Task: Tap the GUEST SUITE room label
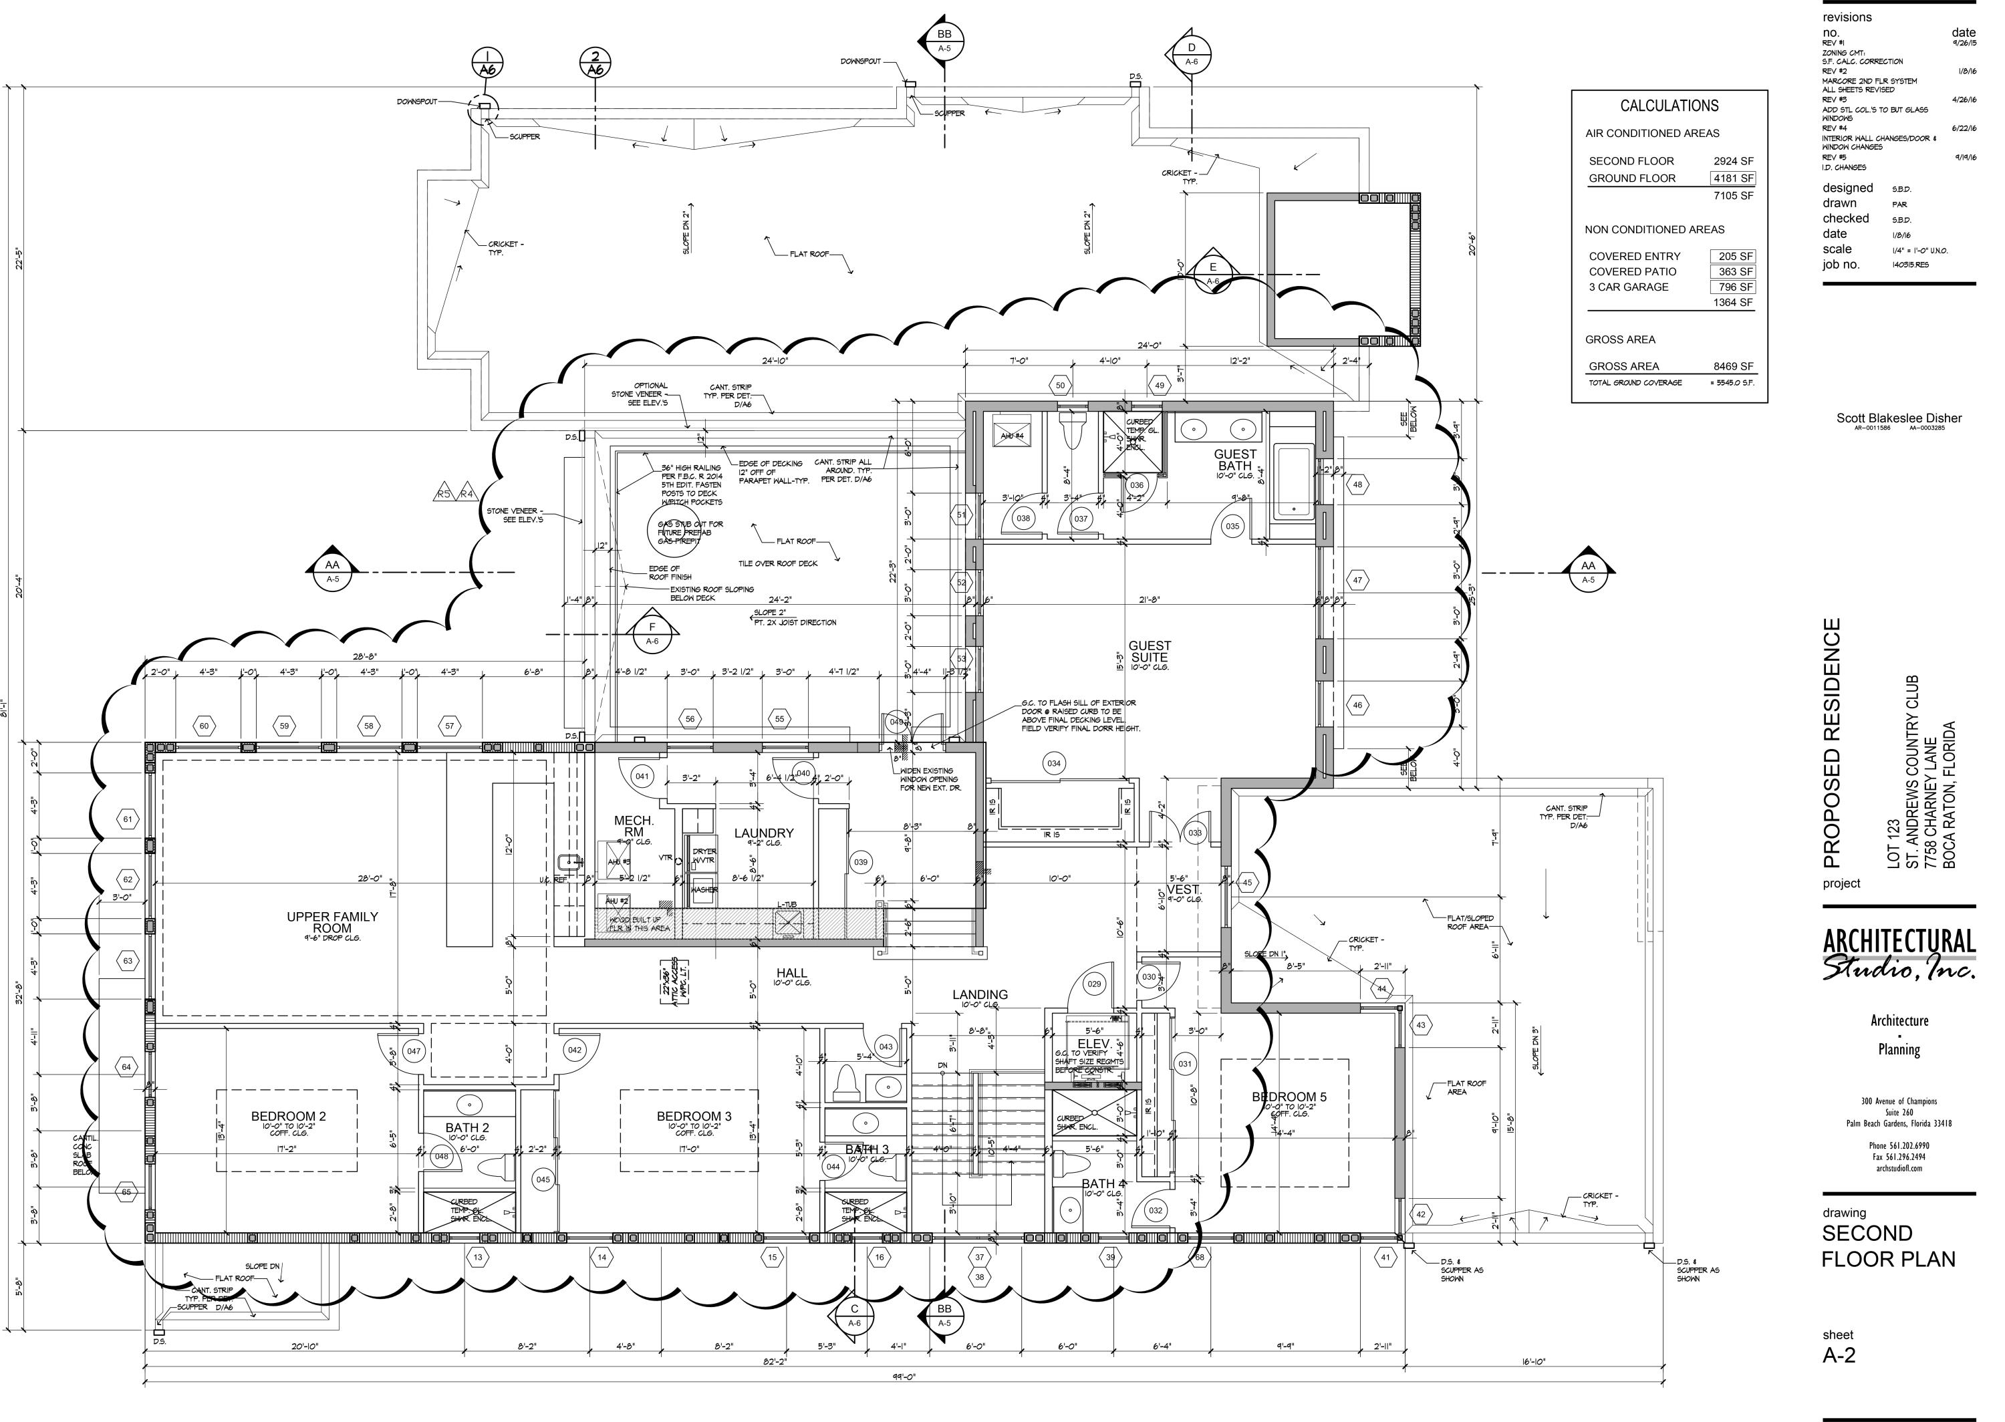pyautogui.click(x=1149, y=652)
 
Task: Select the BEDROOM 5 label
pyautogui.click(x=1289, y=1097)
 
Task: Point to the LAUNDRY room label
pyautogui.click(x=763, y=833)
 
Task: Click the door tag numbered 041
pyautogui.click(x=643, y=776)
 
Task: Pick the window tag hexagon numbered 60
pyautogui.click(x=204, y=726)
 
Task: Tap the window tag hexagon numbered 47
pyautogui.click(x=1357, y=579)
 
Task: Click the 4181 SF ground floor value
pyautogui.click(x=1733, y=178)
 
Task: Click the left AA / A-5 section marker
pyautogui.click(x=333, y=572)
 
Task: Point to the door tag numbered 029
pyautogui.click(x=1093, y=984)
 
